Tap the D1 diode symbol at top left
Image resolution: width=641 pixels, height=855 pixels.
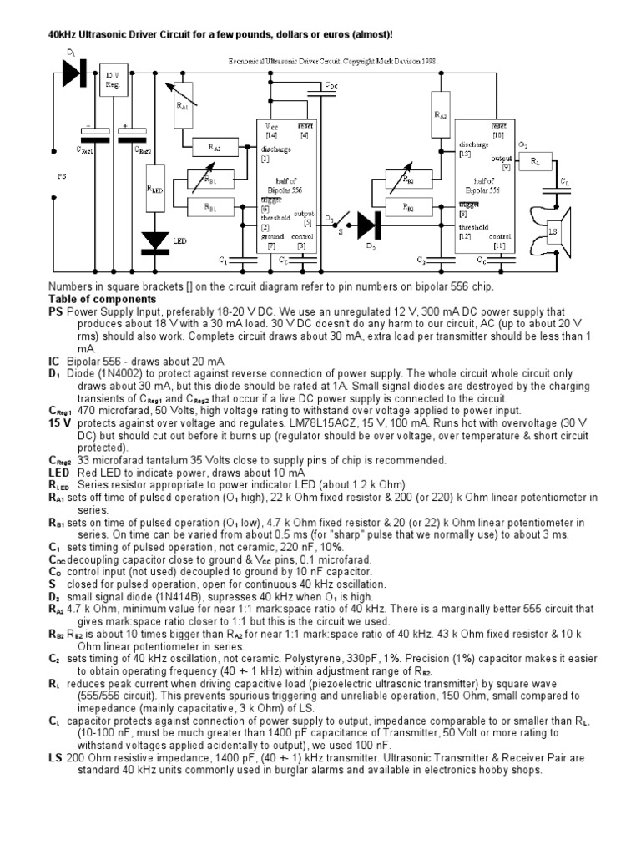[74, 73]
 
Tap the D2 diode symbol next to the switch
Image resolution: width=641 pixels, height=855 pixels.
[368, 224]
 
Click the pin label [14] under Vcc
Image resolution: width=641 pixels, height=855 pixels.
[271, 135]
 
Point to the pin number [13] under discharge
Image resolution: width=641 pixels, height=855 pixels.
[465, 154]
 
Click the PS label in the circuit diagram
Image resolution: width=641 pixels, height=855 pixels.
[61, 177]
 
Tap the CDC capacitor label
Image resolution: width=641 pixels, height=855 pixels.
[331, 85]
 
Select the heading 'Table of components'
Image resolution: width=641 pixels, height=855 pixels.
[102, 299]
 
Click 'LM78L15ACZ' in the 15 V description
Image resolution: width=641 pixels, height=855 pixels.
[376, 423]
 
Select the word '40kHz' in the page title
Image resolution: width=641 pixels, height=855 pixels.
[49, 35]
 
